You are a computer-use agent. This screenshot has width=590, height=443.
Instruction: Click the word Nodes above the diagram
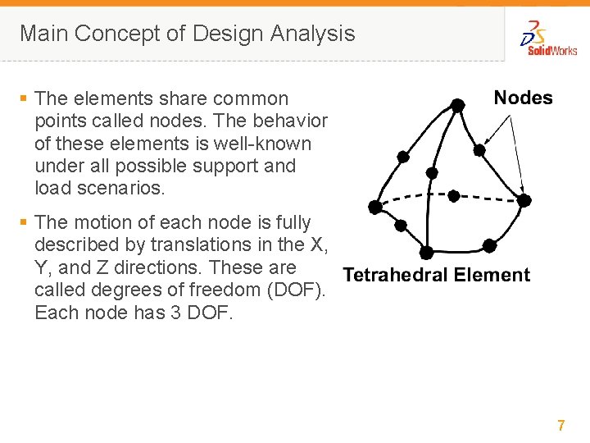coord(523,98)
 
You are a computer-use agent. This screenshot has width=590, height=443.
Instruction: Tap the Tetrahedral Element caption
coord(436,275)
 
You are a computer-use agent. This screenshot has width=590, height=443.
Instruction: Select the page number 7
coord(561,425)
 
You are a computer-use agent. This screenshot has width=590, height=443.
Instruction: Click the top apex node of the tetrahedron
coord(456,105)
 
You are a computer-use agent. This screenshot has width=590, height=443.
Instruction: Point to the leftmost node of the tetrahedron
coord(375,206)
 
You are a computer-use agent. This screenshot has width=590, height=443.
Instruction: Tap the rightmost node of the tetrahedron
coord(524,199)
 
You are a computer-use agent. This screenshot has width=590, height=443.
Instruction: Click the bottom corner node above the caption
coord(426,252)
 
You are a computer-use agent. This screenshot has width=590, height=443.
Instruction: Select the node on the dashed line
coord(453,196)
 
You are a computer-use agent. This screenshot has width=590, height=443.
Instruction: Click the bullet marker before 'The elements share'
coord(24,98)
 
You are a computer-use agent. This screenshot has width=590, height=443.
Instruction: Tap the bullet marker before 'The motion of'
coord(24,222)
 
